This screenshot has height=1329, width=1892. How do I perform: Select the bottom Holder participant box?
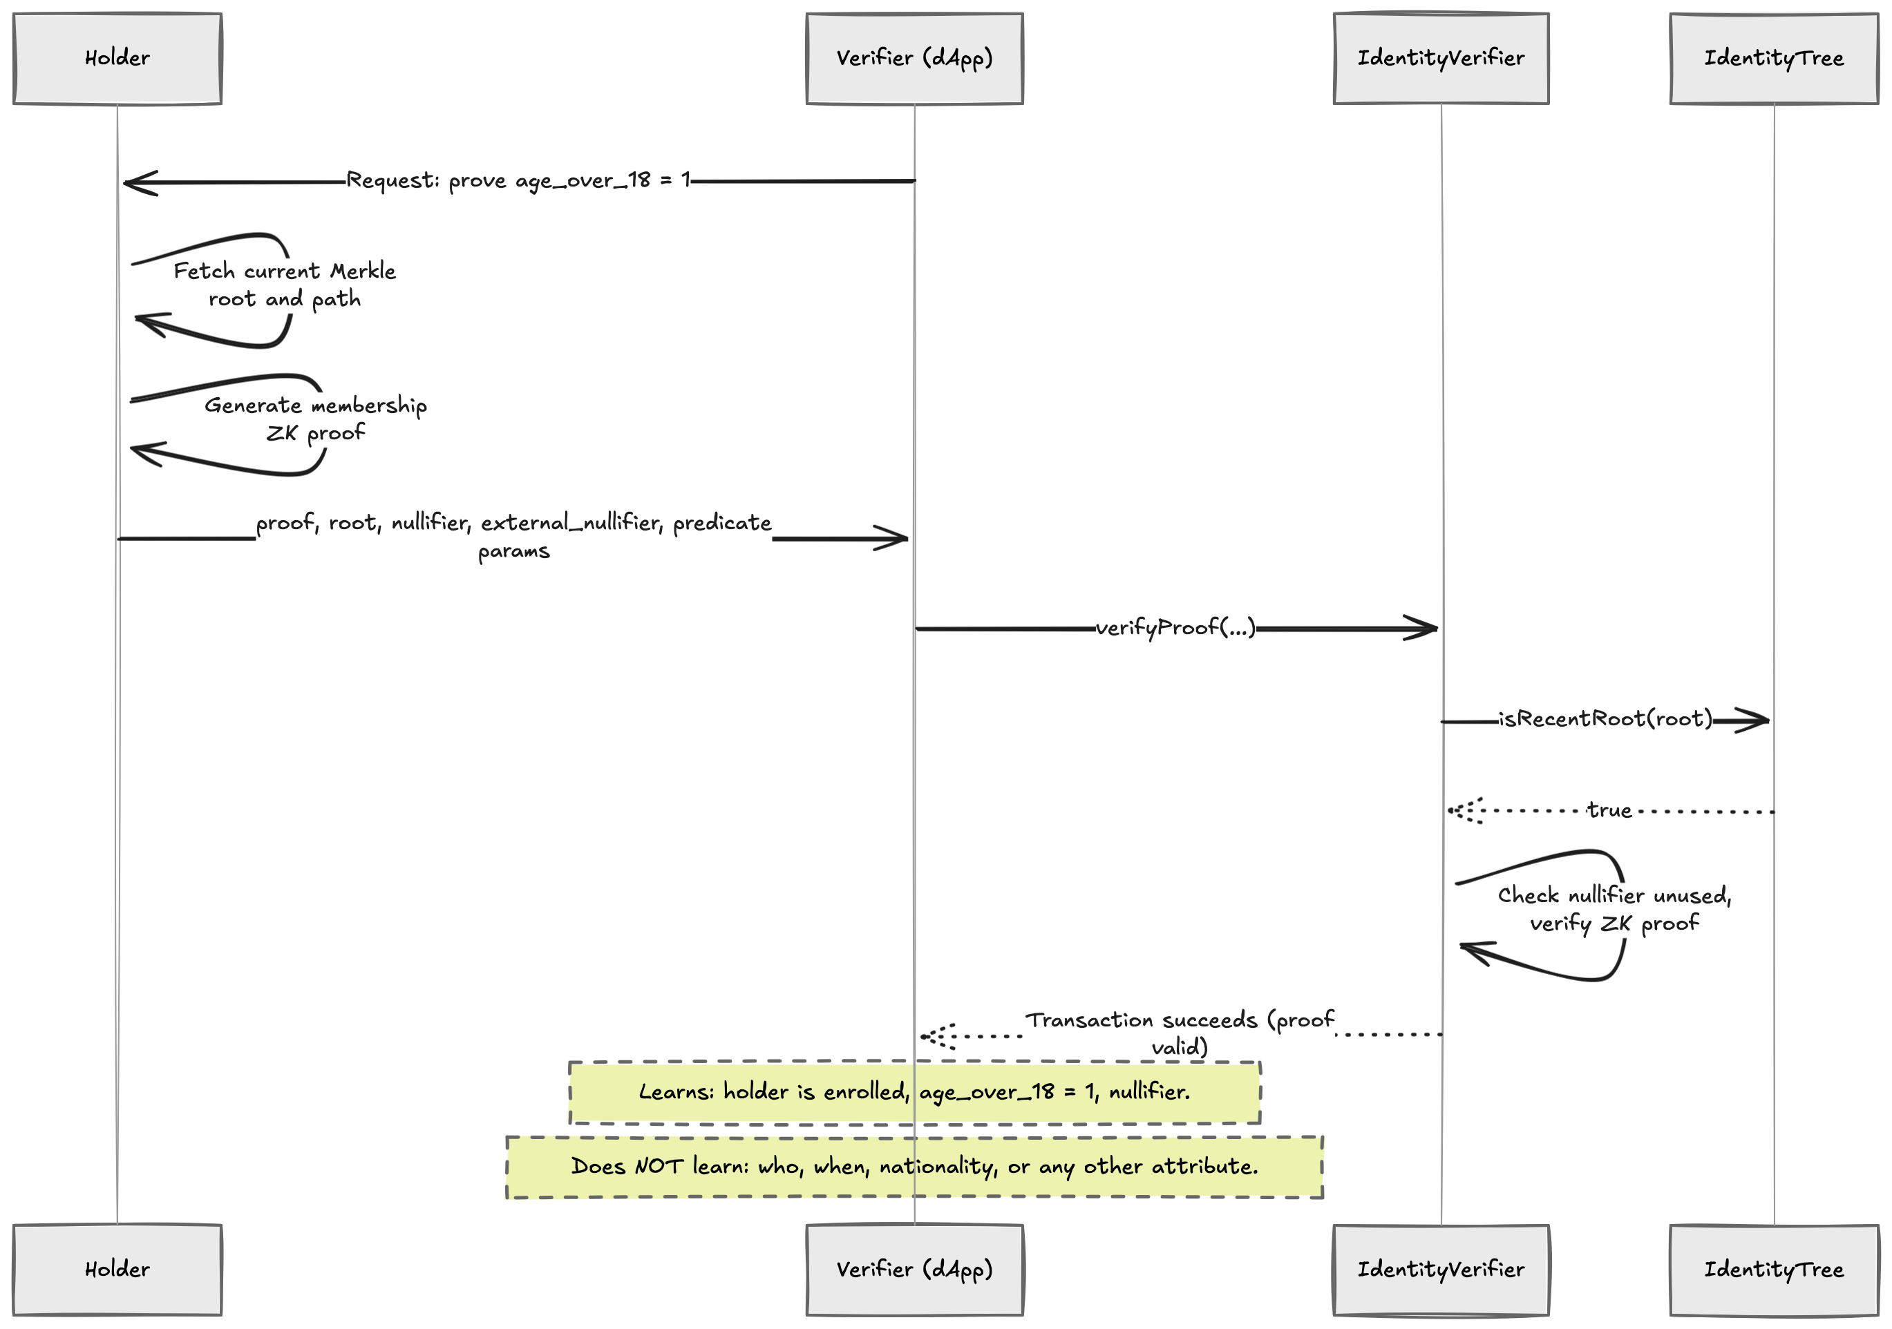(x=117, y=1270)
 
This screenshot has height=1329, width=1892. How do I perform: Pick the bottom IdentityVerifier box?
(x=1441, y=1270)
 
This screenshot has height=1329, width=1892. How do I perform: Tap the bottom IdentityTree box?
(x=1773, y=1270)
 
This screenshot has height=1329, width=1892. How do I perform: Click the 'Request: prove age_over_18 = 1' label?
(x=518, y=180)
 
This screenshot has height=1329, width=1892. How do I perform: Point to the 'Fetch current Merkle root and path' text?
(x=284, y=285)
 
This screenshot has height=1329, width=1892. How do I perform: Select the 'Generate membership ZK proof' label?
(x=316, y=419)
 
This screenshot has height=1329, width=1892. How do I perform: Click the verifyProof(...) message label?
(x=1175, y=629)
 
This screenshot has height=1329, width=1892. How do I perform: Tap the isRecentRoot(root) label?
(x=1605, y=719)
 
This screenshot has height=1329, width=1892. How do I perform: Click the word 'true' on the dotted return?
(x=1609, y=811)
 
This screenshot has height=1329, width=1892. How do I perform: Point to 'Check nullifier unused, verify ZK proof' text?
(x=1614, y=910)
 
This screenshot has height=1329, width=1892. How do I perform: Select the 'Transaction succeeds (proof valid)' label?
(x=1179, y=1033)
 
